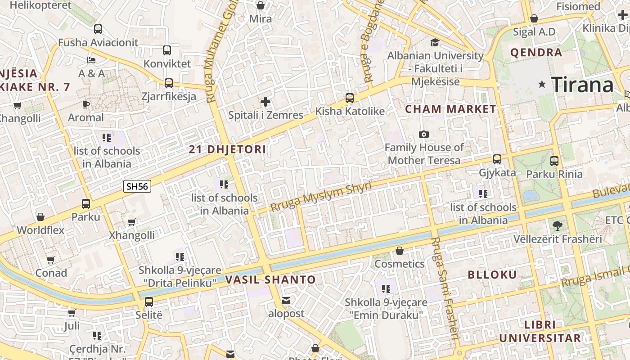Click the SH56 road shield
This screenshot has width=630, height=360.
coord(137,186)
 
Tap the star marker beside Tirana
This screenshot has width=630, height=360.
coord(542,84)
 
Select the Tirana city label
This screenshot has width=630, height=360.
coord(582,85)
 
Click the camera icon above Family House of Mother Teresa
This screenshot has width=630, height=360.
coord(423,134)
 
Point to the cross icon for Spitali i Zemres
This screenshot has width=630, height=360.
coord(265,102)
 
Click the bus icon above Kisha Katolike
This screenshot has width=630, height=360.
coord(349,98)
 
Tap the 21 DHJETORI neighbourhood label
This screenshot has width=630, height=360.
coord(227,149)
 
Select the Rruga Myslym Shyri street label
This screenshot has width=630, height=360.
coord(321,197)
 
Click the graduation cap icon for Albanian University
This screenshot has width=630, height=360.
coord(435,42)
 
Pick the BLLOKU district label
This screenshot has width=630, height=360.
coord(492,275)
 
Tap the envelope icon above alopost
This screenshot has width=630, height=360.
coord(286,300)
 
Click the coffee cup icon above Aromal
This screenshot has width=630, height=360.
coord(85,104)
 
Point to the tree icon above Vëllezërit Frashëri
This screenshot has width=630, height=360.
coord(557,225)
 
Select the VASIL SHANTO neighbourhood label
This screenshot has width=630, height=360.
coord(270,279)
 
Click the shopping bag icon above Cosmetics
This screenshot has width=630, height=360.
coord(399,250)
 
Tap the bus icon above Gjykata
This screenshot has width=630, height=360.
coord(497,159)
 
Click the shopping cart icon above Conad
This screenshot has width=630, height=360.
coord(51,260)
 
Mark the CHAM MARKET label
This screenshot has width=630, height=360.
coord(450,109)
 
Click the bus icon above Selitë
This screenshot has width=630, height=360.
coord(148,301)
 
